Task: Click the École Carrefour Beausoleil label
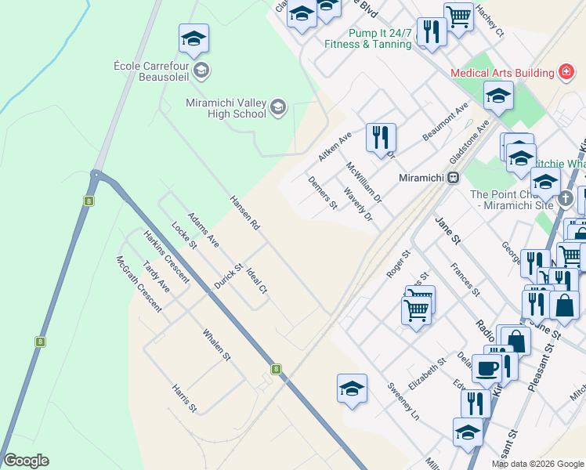click(151, 70)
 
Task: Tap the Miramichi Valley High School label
click(226, 107)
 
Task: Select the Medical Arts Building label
click(502, 73)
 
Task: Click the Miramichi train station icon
click(453, 178)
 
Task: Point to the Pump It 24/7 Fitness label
click(367, 39)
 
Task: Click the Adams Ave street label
click(204, 229)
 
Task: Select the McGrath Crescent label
click(139, 284)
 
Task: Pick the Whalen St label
click(216, 345)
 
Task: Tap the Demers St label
click(322, 193)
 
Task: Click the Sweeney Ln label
click(403, 401)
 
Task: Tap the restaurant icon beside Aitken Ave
click(381, 138)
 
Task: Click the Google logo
click(26, 461)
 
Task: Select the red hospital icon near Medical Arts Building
click(564, 73)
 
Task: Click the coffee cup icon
click(487, 368)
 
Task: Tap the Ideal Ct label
click(257, 281)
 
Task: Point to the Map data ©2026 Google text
click(537, 464)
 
